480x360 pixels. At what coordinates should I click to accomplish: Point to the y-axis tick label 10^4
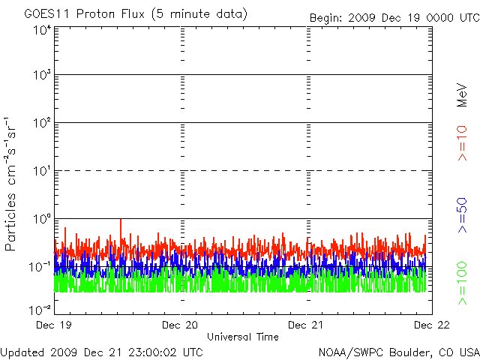[41, 30]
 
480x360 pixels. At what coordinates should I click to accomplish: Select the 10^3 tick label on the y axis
[41, 76]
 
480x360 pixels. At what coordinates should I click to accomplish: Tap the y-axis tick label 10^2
[41, 123]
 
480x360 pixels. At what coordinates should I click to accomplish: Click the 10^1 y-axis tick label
[41, 171]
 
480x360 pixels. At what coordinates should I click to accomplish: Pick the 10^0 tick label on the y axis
[41, 219]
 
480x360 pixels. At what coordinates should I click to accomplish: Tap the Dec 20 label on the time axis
[181, 325]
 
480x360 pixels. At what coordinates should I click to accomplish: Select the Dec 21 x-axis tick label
[307, 325]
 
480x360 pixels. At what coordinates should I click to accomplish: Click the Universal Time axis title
[242, 337]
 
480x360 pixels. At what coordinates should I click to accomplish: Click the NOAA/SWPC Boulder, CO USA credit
[398, 351]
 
